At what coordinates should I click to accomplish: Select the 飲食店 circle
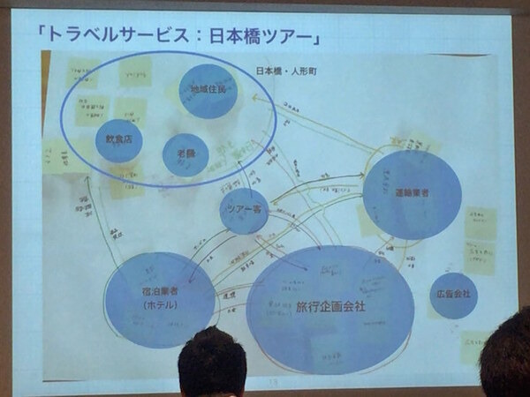click(x=119, y=140)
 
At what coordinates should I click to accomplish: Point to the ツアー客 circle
click(x=244, y=210)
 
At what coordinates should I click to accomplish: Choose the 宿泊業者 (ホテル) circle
click(x=160, y=297)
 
